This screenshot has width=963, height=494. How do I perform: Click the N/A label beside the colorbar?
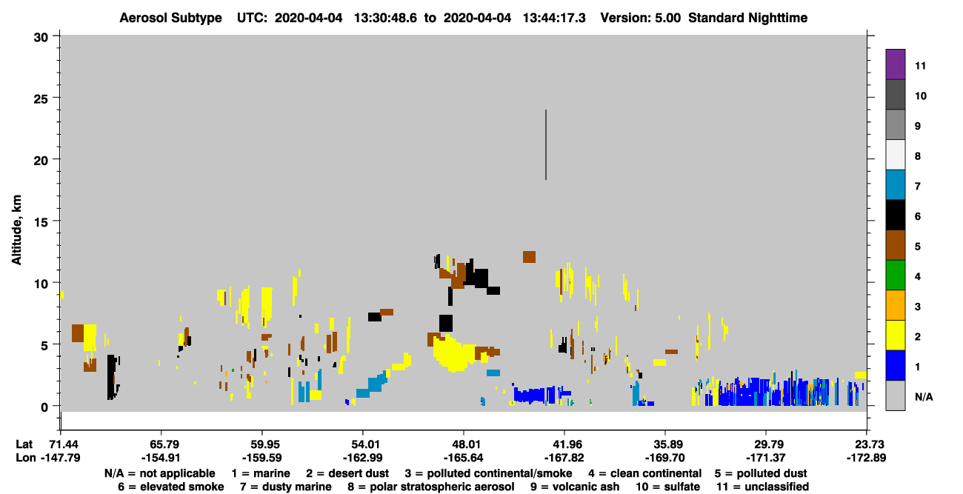[x=924, y=397]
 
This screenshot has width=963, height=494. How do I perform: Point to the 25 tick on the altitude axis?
[x=56, y=98]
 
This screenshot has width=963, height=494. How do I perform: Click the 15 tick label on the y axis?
[x=41, y=222]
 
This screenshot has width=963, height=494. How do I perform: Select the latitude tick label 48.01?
[x=464, y=444]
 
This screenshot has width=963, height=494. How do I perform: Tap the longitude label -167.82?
[x=564, y=458]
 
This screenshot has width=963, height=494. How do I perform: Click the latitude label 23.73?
[x=866, y=444]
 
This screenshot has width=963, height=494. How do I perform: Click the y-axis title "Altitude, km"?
[x=16, y=230]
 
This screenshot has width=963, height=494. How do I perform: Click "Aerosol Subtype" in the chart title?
[x=170, y=18]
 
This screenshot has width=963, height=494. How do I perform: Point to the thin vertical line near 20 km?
[x=546, y=145]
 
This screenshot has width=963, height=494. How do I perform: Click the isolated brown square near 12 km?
[x=529, y=257]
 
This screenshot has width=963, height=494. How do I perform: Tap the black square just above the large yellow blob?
[x=446, y=324]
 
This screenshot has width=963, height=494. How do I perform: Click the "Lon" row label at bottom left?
[x=26, y=458]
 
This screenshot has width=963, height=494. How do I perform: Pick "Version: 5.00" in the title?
[x=641, y=18]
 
